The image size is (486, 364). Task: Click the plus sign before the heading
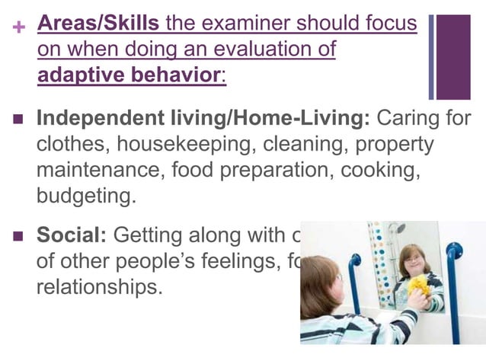click(x=20, y=26)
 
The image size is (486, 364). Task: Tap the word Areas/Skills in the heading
click(x=98, y=24)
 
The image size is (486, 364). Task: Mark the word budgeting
click(x=86, y=196)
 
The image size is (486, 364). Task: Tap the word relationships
click(x=99, y=289)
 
